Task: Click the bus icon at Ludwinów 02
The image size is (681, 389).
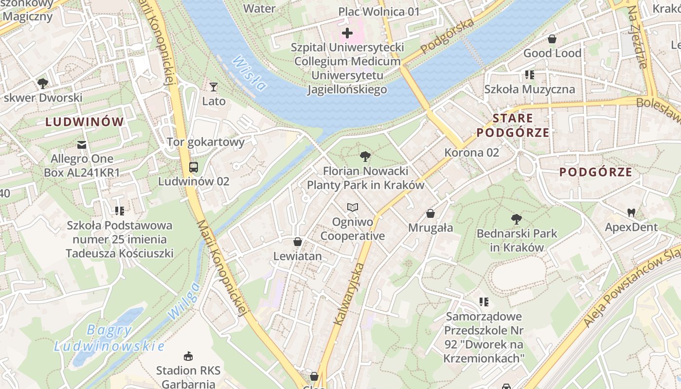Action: pos(194,167)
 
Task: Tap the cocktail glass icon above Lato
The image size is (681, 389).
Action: pos(214,87)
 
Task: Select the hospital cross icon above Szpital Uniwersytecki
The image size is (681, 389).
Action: pos(347,33)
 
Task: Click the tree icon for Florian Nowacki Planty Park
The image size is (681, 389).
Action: pos(365,157)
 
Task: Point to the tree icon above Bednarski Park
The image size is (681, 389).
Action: pos(517,219)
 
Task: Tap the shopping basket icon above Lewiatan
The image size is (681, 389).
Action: pos(298,242)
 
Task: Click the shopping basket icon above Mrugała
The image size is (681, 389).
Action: pos(430,213)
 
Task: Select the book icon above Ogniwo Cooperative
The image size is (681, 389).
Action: pos(353,208)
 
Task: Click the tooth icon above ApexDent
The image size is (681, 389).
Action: pos(631,212)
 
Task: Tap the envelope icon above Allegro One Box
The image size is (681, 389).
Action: pos(82,144)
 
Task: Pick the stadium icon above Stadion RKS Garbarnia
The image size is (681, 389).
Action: pos(188,356)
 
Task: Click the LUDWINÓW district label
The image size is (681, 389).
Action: pos(85,122)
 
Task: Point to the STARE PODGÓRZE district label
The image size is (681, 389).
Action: pos(513,125)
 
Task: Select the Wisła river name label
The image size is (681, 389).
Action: pos(250,73)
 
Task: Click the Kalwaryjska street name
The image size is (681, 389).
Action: pos(349,294)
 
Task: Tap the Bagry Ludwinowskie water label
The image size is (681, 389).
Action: pos(109,338)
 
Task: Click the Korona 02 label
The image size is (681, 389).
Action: pos(472,153)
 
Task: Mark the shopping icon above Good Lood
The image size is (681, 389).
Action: pos(552,39)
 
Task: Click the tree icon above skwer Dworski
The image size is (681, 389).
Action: pos(43,83)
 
